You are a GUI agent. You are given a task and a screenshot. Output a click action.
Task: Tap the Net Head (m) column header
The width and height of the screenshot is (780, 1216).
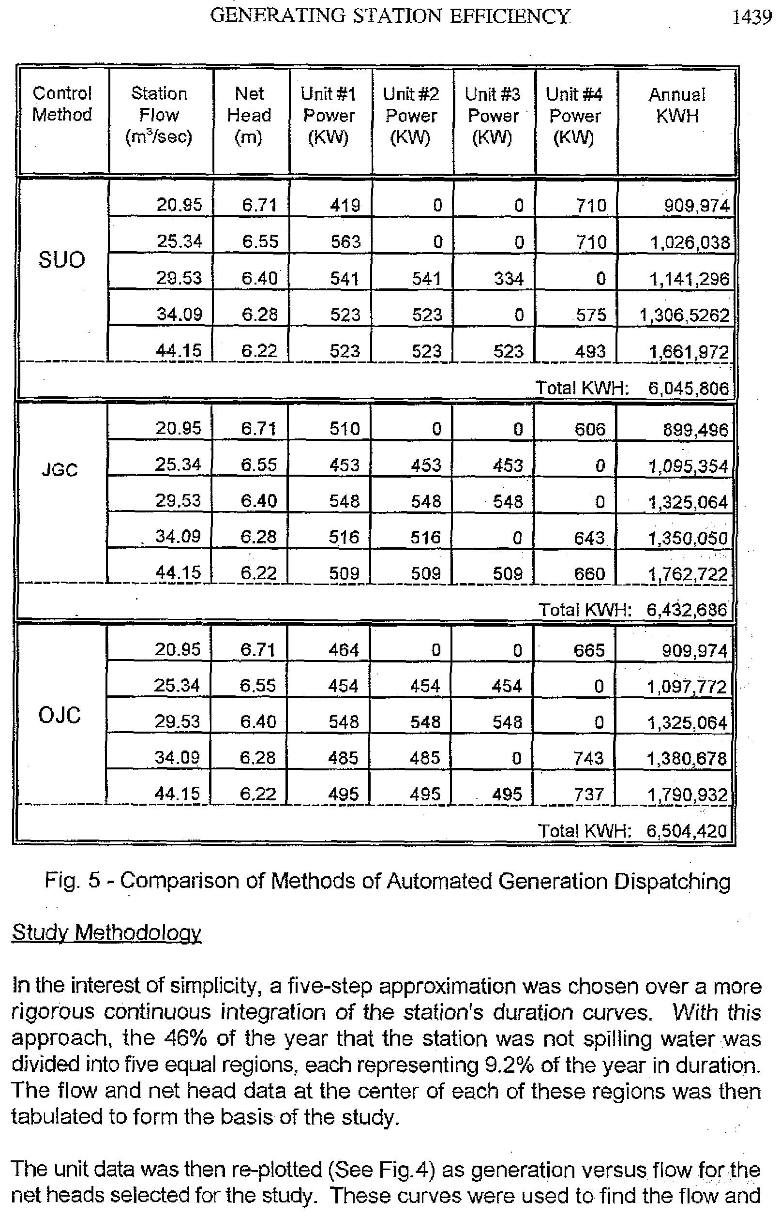pyautogui.click(x=249, y=116)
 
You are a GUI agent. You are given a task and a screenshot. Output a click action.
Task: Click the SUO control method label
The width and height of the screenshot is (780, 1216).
pyautogui.click(x=61, y=260)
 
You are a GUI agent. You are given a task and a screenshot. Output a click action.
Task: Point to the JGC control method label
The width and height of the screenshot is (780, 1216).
pyautogui.click(x=60, y=470)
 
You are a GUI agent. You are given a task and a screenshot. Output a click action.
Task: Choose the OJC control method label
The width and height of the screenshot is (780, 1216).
pyautogui.click(x=59, y=715)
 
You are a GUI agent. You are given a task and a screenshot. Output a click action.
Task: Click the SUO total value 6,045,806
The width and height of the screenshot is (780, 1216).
pyautogui.click(x=688, y=389)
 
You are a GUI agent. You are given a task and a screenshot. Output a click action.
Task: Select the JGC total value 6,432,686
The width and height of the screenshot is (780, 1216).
pyautogui.click(x=687, y=610)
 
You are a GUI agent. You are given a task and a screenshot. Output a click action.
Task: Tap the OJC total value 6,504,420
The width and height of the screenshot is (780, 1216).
pyautogui.click(x=686, y=831)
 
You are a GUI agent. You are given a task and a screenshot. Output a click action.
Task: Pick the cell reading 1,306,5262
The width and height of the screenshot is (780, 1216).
pyautogui.click(x=684, y=315)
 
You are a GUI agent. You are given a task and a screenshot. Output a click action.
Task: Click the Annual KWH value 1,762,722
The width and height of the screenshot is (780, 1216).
pyautogui.click(x=688, y=574)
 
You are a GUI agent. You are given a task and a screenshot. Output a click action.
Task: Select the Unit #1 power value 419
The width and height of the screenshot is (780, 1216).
pyautogui.click(x=345, y=206)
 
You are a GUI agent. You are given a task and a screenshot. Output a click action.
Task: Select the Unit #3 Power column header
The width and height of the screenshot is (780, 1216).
pyautogui.click(x=493, y=116)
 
